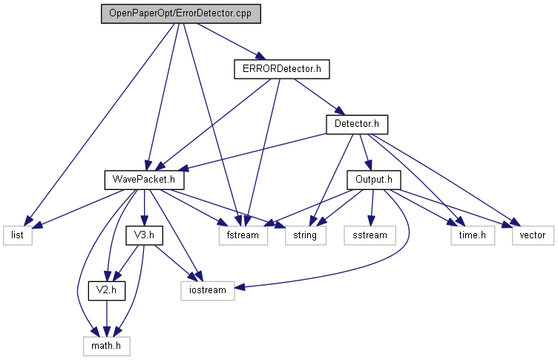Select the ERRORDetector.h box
pos(280,69)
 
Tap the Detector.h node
pos(357,124)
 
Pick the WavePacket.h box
pos(143,180)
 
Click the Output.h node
pos(373,180)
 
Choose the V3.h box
pos(143,235)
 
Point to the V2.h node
pos(107,289)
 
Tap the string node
pos(303,235)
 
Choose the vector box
pos(532,235)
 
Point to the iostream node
pos(208,289)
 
